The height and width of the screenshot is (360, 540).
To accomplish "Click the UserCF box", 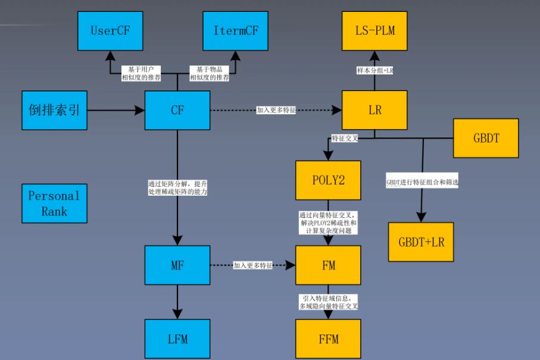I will point(110,30).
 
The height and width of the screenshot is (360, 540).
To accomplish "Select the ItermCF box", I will point(236,30).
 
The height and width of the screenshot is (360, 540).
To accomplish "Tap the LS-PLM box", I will point(374,30).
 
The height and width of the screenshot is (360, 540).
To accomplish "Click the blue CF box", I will point(177,110).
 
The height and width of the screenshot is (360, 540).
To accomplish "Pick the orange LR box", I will point(374,110).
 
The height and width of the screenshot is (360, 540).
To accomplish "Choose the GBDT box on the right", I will point(486,138).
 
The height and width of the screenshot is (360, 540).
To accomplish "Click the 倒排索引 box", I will point(54,110).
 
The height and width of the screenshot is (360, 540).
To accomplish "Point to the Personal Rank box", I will point(54,203).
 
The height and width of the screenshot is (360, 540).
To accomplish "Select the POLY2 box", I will point(328,180).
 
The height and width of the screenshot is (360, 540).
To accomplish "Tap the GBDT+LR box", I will point(421,242).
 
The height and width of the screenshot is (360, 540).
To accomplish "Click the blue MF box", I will point(177,265).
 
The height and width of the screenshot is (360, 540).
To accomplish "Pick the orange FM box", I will point(328,265).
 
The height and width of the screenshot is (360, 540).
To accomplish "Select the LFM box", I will point(177,339).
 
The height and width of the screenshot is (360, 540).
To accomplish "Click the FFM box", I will point(328,339).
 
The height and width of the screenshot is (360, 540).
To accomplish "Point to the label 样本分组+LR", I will point(374,70).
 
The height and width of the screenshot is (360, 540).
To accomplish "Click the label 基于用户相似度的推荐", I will point(141,73).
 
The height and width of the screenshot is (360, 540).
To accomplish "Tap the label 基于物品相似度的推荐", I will point(210,73).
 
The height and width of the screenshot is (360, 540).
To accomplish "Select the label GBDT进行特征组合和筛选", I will point(422,183).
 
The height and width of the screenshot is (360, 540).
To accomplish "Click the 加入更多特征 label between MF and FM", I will point(253,265).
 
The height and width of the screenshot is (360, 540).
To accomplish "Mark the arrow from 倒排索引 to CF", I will point(116,110).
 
